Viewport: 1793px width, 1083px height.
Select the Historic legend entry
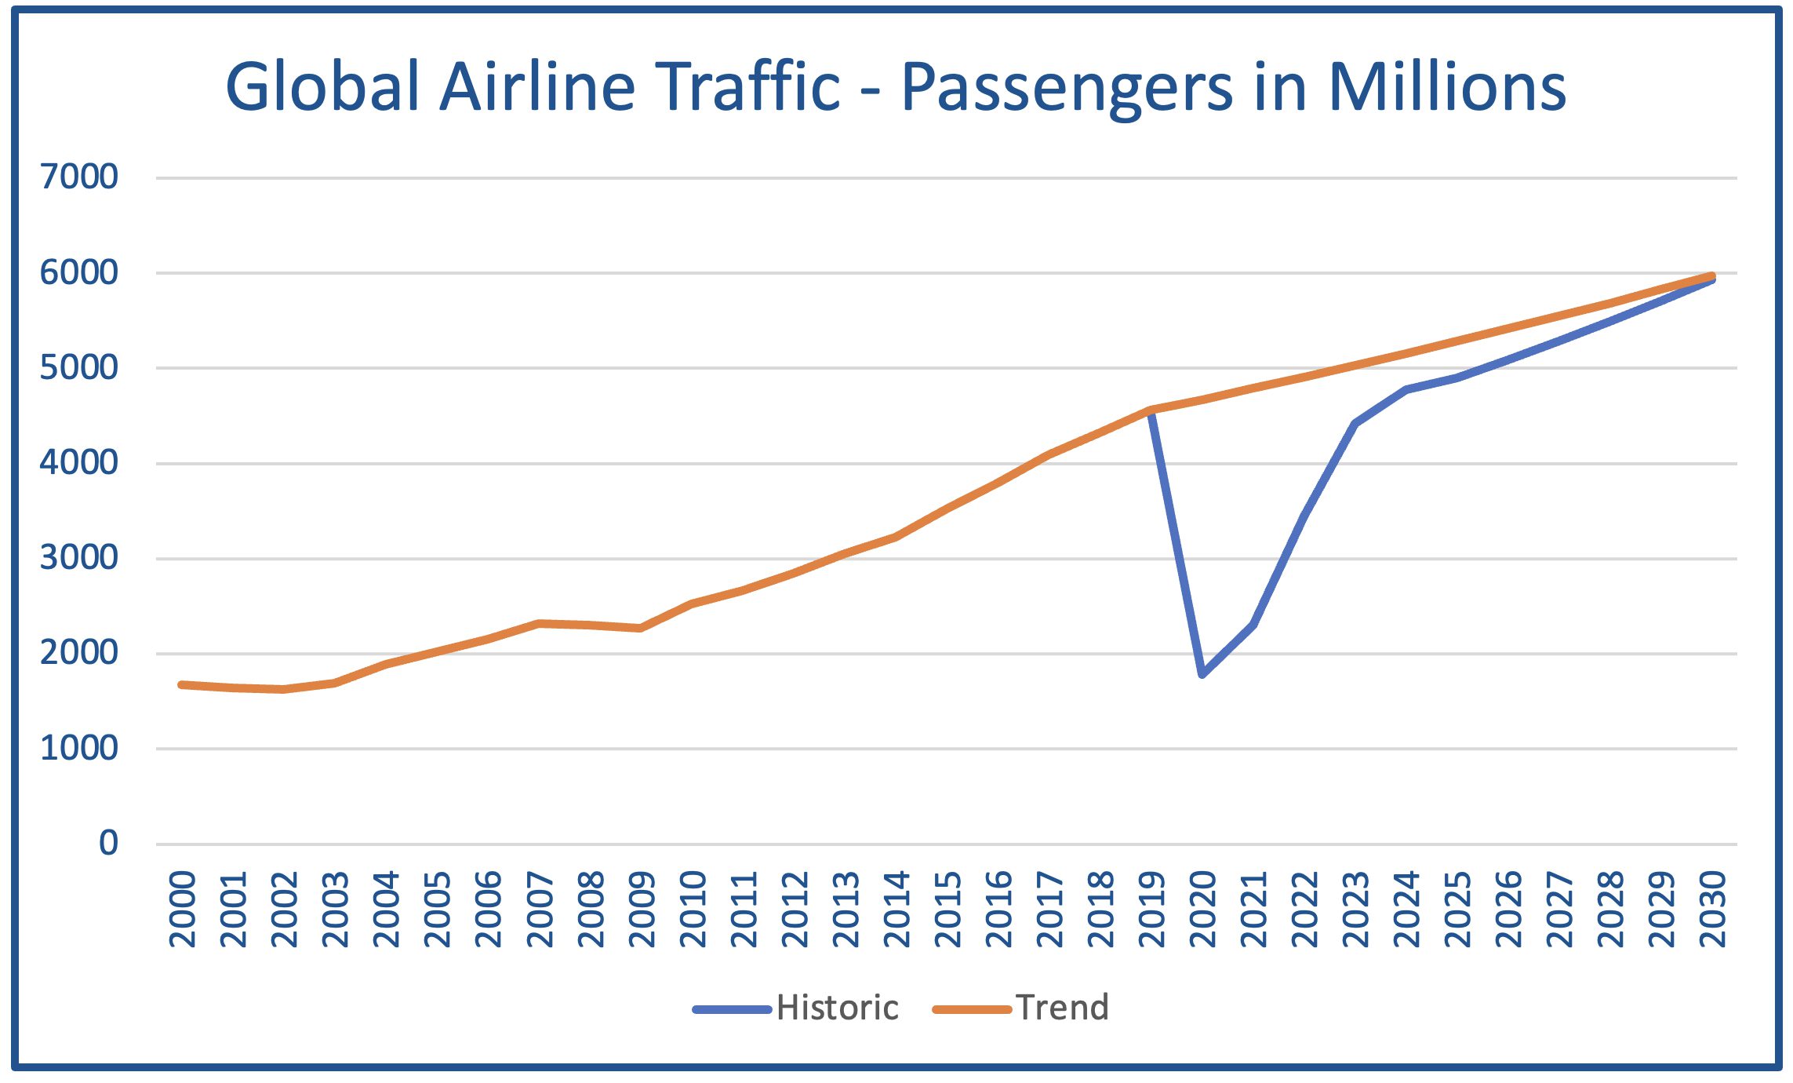(x=836, y=1008)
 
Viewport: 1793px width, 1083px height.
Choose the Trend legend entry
(x=1062, y=1008)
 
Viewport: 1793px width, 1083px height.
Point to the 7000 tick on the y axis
(x=79, y=177)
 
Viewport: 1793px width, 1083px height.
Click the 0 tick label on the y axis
(x=108, y=843)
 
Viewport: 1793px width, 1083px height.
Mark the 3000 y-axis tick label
(x=79, y=558)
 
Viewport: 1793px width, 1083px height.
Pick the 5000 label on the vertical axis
(x=79, y=367)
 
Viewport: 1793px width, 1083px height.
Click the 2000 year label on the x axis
(x=183, y=909)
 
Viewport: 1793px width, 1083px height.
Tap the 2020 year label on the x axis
(x=1203, y=909)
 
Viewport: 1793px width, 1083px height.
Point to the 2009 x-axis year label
(x=642, y=909)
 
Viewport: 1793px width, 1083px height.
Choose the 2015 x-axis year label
(x=948, y=909)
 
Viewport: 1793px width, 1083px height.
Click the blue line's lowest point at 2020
(x=1202, y=673)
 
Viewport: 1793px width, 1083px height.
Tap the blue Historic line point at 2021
(x=1253, y=625)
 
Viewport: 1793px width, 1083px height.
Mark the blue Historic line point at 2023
(x=1355, y=423)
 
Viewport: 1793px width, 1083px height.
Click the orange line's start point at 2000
(x=182, y=684)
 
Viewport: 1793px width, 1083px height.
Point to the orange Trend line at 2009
(x=641, y=628)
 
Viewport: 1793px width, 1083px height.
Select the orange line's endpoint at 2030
(x=1712, y=276)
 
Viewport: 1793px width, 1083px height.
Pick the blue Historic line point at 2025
(x=1457, y=377)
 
